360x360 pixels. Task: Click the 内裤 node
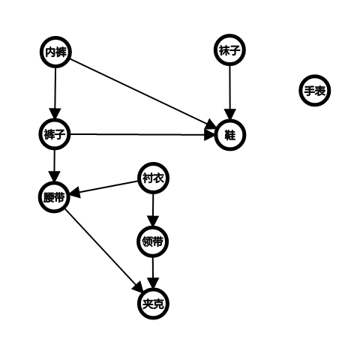coord(55,52)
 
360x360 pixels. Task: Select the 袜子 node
coord(229,50)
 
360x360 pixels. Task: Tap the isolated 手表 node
coord(315,91)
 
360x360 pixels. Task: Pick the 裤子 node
coord(55,134)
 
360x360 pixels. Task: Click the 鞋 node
coord(230,135)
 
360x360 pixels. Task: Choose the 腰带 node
coord(54,197)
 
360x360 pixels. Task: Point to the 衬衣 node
coord(154,178)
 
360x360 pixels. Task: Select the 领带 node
coord(153,241)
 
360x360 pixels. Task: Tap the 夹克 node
coord(153,304)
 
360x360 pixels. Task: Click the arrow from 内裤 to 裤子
coord(55,93)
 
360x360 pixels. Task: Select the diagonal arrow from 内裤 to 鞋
coord(142,93)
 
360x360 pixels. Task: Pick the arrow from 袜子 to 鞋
coord(229,92)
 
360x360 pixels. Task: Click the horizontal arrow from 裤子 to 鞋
coord(142,135)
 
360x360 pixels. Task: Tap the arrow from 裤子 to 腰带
coord(55,166)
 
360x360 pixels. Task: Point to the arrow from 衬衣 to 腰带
coord(104,187)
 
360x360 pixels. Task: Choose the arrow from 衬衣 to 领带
coord(153,210)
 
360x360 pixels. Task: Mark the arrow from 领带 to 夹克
coord(153,273)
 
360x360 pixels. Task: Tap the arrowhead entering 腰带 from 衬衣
coord(75,193)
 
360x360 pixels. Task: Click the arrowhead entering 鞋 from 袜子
coord(229,115)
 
